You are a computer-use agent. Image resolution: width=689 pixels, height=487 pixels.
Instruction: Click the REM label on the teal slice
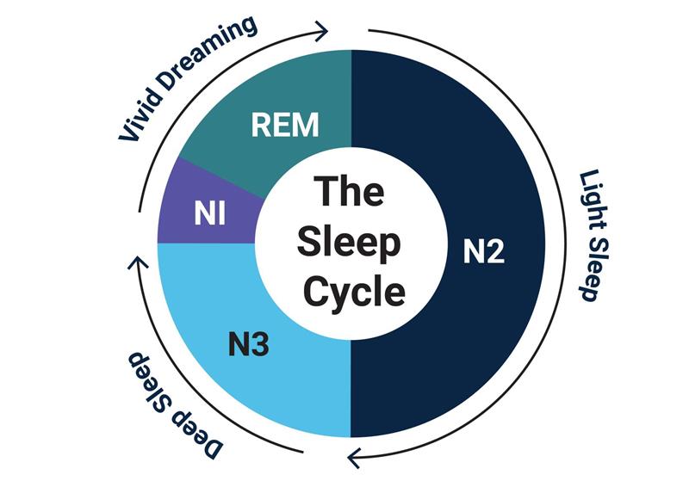point(285,125)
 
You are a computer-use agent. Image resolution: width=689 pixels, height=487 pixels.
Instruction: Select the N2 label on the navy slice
point(484,252)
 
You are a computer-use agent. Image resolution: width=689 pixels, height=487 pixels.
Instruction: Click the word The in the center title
point(349,191)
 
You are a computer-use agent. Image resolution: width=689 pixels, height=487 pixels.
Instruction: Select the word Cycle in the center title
point(349,292)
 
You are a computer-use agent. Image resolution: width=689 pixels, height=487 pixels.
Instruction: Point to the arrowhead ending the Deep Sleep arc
point(135,261)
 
